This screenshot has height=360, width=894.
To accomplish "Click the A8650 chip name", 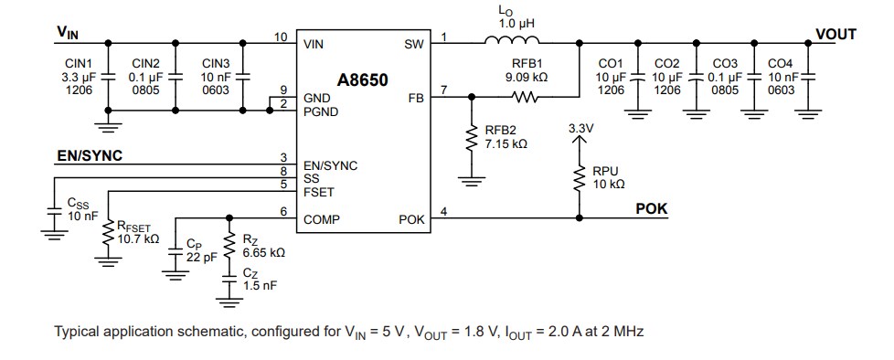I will (364, 79).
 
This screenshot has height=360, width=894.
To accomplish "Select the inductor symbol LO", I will (512, 39).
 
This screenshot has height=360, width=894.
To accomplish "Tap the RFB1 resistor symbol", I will (529, 96).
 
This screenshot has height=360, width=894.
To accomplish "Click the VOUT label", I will (835, 34).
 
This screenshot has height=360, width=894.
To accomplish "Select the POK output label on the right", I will (652, 208).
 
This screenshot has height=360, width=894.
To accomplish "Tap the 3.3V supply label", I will (580, 129).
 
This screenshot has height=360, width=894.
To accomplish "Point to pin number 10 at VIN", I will (282, 37).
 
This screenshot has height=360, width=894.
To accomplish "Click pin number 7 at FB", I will (443, 90).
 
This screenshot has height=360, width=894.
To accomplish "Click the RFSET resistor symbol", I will (108, 233).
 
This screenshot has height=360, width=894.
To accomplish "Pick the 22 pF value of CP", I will (199, 258).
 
